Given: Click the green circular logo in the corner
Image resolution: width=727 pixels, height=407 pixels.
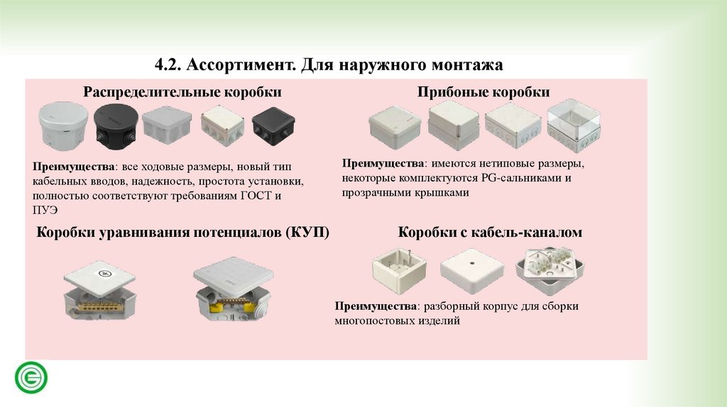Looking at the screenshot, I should (31, 377).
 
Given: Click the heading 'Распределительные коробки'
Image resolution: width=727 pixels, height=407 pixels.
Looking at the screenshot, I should (182, 92).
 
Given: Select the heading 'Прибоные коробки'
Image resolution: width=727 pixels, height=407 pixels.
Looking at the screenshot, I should (483, 92).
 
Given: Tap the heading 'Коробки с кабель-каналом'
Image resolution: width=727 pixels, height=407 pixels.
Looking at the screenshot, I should (491, 233).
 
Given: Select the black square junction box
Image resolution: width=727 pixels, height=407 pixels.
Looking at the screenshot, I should (273, 126).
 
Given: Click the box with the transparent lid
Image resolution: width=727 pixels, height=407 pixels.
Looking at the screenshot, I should (573, 125).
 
